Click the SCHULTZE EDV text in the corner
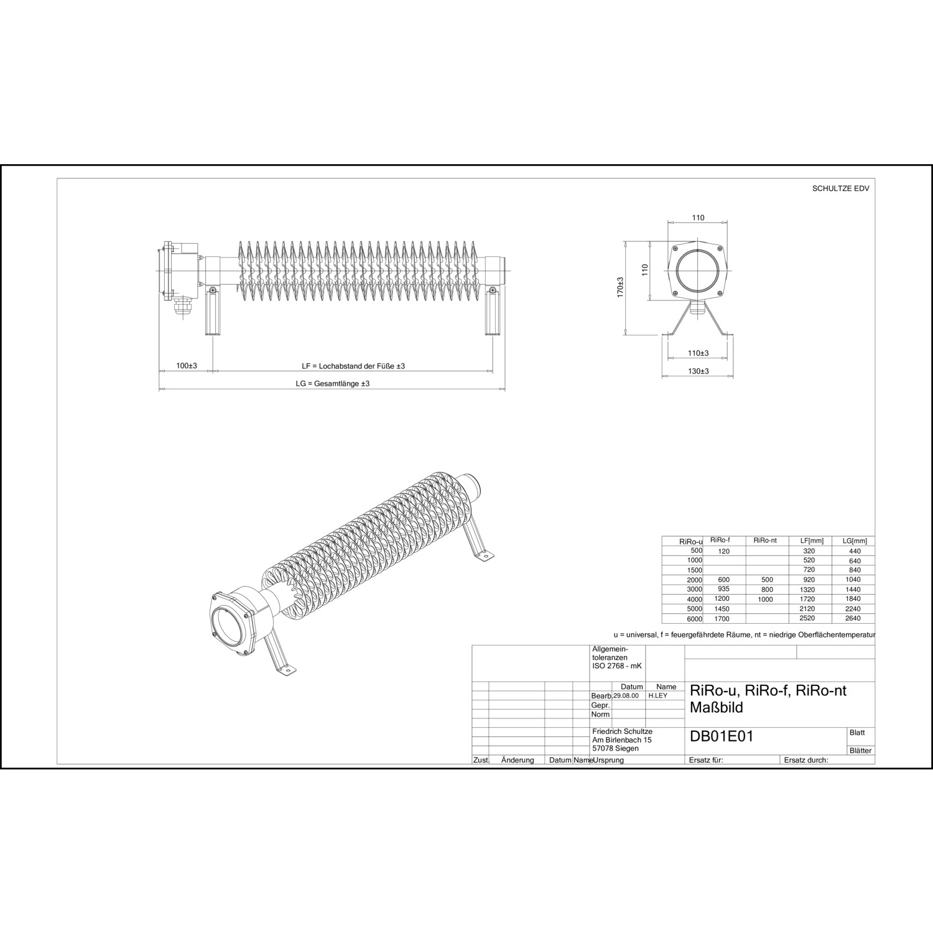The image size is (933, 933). (840, 188)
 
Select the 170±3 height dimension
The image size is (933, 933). (620, 287)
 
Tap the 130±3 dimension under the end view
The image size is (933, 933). (699, 371)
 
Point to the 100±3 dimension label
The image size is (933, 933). (186, 366)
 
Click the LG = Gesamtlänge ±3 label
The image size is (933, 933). (333, 384)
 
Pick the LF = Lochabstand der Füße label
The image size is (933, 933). (353, 366)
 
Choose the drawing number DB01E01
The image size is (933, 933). (722, 736)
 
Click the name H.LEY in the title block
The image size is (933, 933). (657, 695)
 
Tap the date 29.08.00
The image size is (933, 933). (626, 695)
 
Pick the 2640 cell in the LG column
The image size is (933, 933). (853, 618)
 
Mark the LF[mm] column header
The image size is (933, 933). (811, 541)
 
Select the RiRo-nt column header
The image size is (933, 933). (764, 541)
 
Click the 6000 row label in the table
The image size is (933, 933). (694, 619)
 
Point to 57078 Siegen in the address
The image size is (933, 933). (616, 748)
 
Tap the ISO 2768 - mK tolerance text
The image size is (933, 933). (617, 666)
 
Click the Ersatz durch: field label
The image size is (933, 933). (806, 760)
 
